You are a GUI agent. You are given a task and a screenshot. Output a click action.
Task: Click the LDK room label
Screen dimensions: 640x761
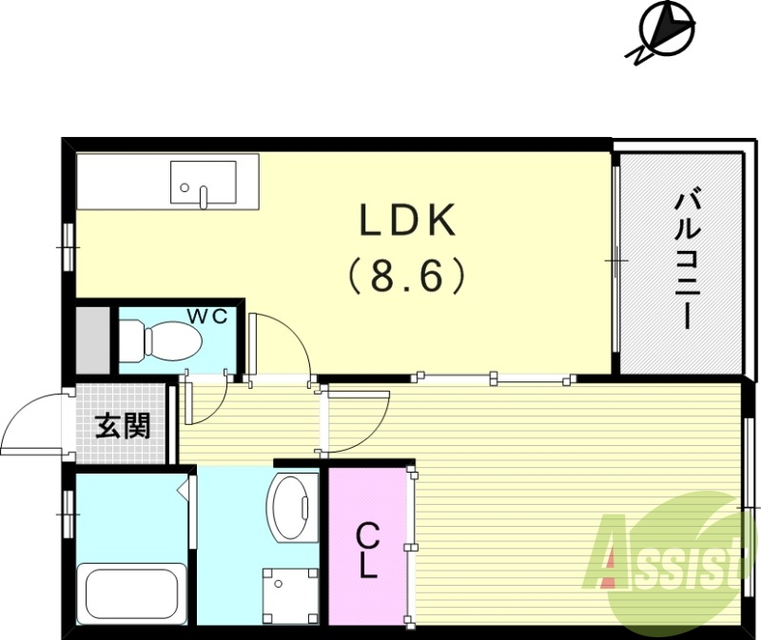pos(406,222)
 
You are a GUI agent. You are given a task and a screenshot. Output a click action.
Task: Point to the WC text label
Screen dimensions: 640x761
pos(206,317)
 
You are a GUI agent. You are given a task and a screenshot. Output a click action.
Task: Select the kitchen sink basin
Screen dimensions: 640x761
pos(203,182)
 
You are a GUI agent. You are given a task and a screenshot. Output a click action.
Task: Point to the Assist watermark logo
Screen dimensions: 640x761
pos(666,561)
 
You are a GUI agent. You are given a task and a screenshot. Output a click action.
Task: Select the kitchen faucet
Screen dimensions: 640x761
pos(203,196)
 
